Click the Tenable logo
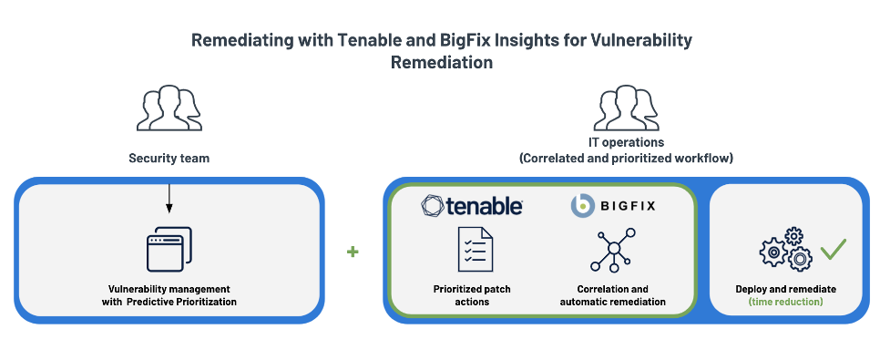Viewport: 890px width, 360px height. pos(472,205)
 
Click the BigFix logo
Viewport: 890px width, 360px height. pos(612,205)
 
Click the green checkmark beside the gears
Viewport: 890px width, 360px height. pos(833,248)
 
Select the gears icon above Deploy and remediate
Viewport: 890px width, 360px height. pos(785,251)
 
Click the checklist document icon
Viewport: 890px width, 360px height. pos(475,250)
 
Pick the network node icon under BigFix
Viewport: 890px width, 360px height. pos(612,251)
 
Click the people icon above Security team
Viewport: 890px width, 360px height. pos(169,109)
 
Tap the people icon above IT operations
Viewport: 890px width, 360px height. pos(625,109)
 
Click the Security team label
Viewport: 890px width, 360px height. pos(169,158)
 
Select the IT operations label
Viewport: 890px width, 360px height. pos(625,143)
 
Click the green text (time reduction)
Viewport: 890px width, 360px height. pos(785,301)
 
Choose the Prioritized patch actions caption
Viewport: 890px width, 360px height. pos(472,295)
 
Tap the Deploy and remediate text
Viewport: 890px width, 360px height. pos(785,289)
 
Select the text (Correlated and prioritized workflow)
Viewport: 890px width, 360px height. pos(625,158)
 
